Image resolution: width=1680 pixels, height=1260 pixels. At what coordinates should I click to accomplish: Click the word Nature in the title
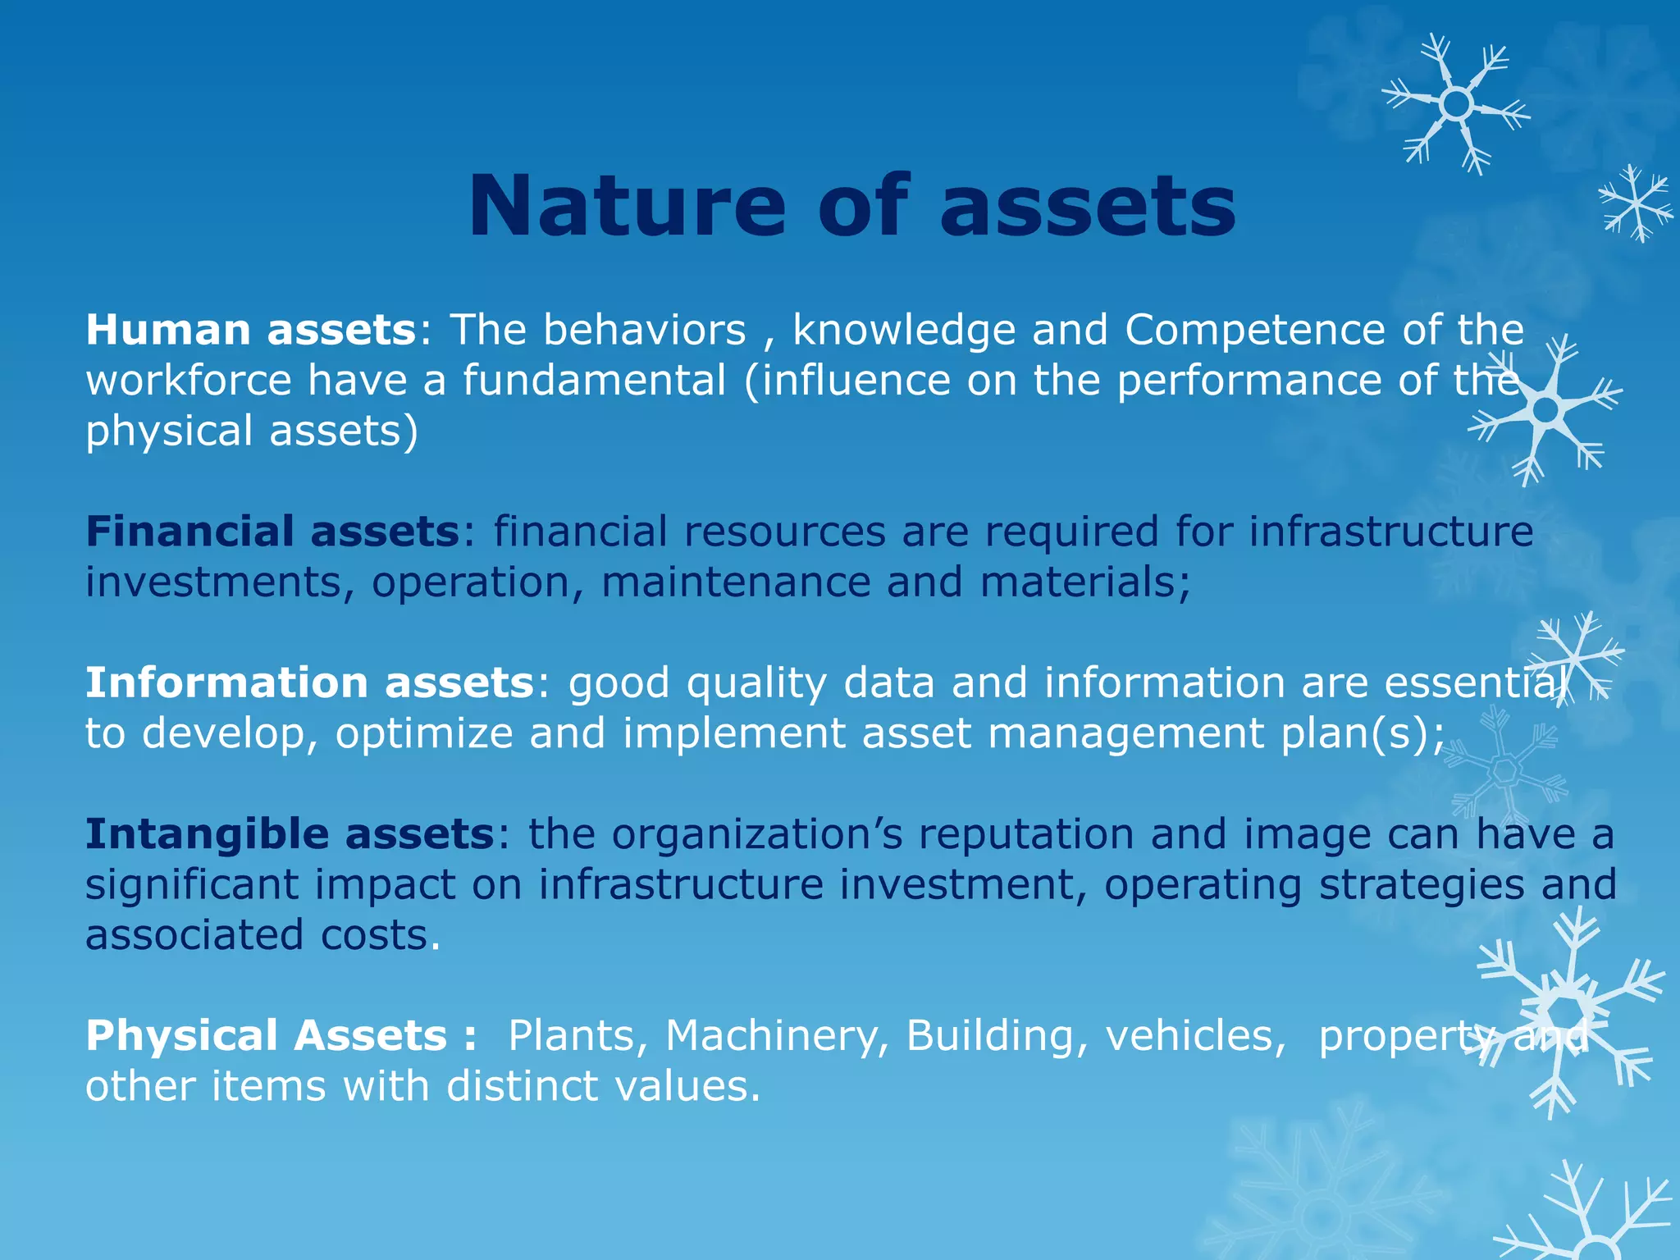coord(628,207)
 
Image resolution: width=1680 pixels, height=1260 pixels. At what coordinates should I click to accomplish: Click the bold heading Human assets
coord(251,330)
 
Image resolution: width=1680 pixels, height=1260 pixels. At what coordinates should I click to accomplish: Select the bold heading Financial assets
coord(272,532)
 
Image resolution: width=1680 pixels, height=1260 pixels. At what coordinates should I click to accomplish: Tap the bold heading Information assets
coord(310,682)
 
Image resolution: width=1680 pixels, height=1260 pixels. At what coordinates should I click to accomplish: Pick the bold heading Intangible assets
coord(290,834)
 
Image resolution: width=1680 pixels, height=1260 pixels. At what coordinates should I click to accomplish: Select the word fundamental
coord(595,381)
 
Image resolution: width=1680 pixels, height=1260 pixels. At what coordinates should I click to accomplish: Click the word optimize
coord(424,733)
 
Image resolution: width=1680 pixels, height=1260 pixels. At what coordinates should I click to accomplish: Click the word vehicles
coord(1195,1035)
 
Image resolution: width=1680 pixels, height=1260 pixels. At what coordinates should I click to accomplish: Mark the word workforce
coord(189,381)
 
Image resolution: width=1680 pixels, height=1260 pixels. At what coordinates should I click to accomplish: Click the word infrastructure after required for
coord(1390,532)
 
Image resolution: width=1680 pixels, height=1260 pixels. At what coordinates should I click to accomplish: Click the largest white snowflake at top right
coord(1456,104)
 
